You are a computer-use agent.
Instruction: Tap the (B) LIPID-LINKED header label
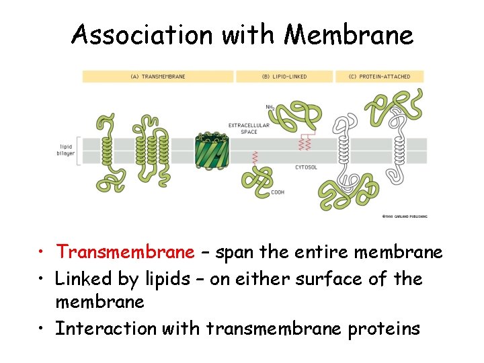(x=285, y=77)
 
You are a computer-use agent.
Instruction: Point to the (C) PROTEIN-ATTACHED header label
(x=381, y=77)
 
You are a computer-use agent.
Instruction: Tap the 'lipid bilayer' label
(x=66, y=149)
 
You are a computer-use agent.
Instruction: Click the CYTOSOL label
(x=307, y=167)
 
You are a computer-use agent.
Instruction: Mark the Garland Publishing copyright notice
(x=404, y=216)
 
